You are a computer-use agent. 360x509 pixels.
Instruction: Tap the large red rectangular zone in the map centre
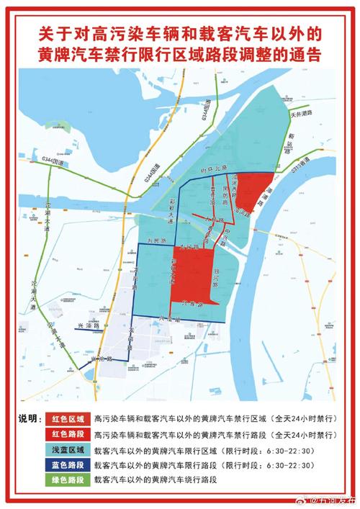point(191,277)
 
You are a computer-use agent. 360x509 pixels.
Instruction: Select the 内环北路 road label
point(214,171)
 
